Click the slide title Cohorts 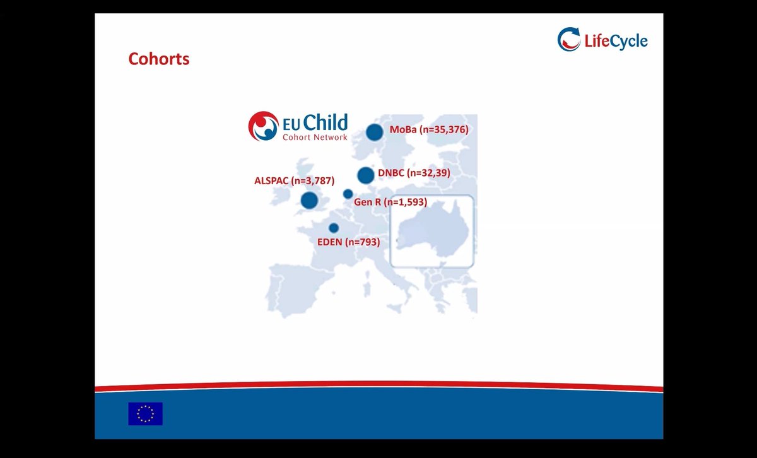click(159, 59)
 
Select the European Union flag click(145, 413)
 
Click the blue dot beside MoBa click(375, 132)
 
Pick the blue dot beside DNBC click(366, 175)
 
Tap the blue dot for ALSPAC click(309, 201)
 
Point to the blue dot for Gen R click(348, 194)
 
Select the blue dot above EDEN click(334, 228)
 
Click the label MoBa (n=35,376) click(430, 130)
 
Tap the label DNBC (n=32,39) click(414, 172)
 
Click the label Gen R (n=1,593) click(390, 203)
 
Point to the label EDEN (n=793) click(348, 241)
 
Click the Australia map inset click(431, 231)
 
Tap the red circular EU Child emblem click(263, 126)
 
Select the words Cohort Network click(315, 137)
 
